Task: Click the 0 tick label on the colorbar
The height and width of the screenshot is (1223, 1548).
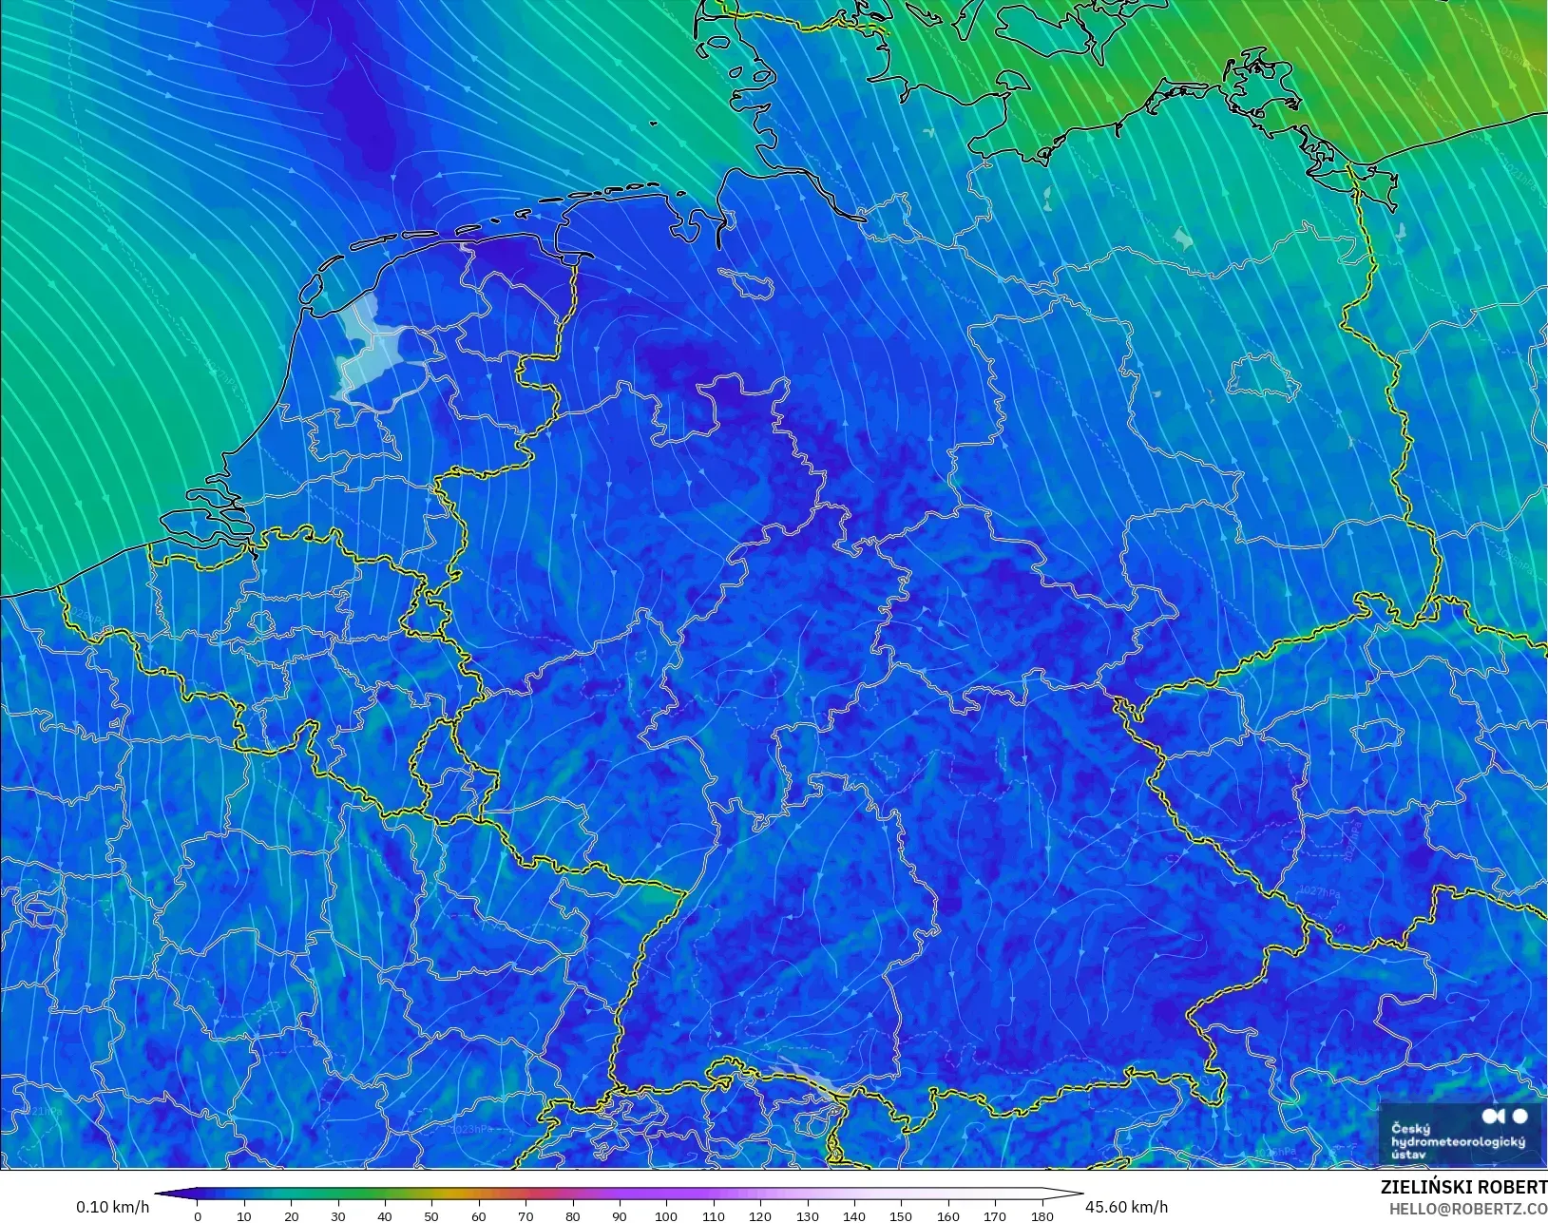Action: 198,1215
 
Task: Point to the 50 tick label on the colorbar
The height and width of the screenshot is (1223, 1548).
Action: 432,1215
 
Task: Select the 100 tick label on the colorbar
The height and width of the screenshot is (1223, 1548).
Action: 666,1215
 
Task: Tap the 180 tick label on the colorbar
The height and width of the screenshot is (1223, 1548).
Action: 1042,1215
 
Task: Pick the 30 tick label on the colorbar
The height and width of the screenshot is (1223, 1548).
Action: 338,1215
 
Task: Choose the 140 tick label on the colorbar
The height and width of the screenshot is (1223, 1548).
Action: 854,1215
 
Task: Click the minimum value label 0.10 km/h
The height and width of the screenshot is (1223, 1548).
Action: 112,1207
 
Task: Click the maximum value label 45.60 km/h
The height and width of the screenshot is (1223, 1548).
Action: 1126,1207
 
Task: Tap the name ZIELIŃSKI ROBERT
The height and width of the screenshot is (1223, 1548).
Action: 1463,1188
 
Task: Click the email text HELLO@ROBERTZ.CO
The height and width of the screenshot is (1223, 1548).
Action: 1468,1209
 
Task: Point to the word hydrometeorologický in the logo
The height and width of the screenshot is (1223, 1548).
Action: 1457,1141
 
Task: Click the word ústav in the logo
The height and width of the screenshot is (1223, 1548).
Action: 1407,1154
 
